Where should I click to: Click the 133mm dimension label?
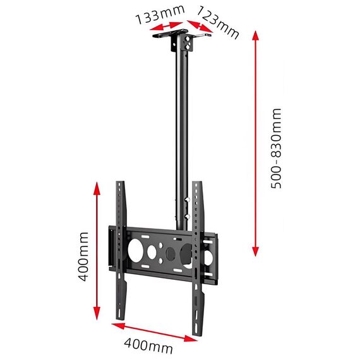160,15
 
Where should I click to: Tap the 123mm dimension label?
218,22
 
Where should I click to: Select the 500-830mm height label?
276,148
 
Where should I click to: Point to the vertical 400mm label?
83,256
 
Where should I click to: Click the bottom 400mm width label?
148,345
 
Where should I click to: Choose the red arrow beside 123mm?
200,27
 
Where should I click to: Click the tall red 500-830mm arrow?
256,143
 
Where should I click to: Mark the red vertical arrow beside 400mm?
97,251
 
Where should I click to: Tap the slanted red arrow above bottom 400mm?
154,332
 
